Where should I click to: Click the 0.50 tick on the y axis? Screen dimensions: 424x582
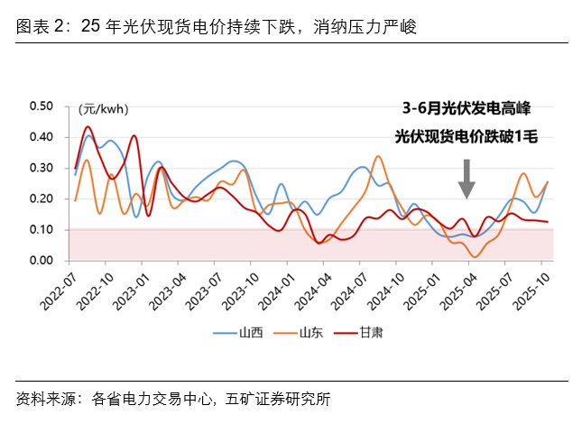(42, 106)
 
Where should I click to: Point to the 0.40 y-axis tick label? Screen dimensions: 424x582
(42, 136)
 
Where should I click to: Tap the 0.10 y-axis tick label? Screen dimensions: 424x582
(42, 229)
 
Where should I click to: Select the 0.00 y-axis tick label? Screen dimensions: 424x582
(42, 260)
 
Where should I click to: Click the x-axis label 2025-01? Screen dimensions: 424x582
(417, 288)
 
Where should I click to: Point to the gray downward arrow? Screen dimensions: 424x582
(466, 178)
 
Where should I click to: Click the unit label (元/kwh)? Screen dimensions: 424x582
(104, 109)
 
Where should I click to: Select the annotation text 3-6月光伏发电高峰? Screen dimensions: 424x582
(466, 109)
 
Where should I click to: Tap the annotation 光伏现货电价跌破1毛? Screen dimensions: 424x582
(466, 137)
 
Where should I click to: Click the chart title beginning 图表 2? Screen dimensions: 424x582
(217, 27)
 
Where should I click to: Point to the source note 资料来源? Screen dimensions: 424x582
(171, 397)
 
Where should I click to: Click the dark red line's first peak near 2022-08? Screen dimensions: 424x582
(88, 127)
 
